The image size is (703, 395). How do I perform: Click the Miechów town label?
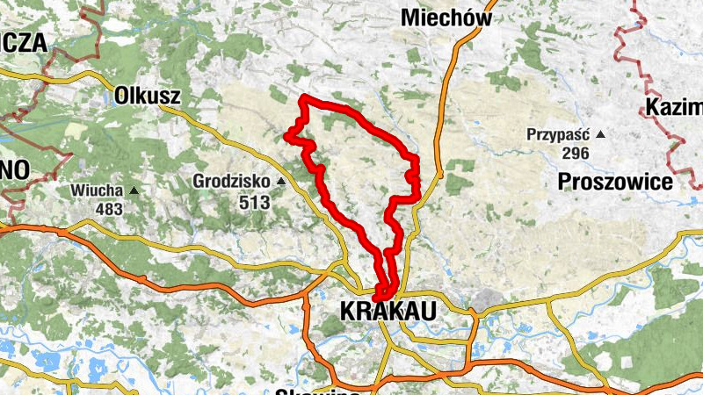(446, 17)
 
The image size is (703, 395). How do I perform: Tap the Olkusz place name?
(147, 96)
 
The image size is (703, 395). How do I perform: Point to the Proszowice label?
(615, 182)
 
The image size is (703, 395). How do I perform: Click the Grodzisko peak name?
(233, 182)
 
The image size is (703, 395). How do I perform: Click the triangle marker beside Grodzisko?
(281, 182)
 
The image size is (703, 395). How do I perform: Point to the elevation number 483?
(110, 209)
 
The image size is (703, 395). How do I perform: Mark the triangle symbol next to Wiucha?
(134, 190)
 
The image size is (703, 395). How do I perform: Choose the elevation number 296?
(571, 153)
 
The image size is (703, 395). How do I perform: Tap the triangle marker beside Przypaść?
(600, 134)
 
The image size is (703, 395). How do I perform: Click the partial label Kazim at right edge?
(674, 108)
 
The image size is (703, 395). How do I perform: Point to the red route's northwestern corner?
(303, 97)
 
